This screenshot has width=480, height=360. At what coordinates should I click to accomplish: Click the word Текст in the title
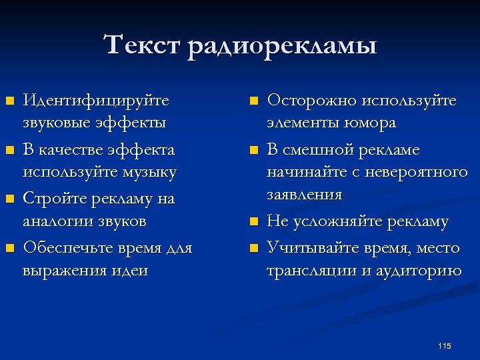143,47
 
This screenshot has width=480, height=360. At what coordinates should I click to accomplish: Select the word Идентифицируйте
96,101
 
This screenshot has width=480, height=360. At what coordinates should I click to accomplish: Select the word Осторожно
311,101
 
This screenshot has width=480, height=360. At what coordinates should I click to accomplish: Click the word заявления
305,195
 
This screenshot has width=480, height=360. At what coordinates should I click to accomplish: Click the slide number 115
445,345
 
